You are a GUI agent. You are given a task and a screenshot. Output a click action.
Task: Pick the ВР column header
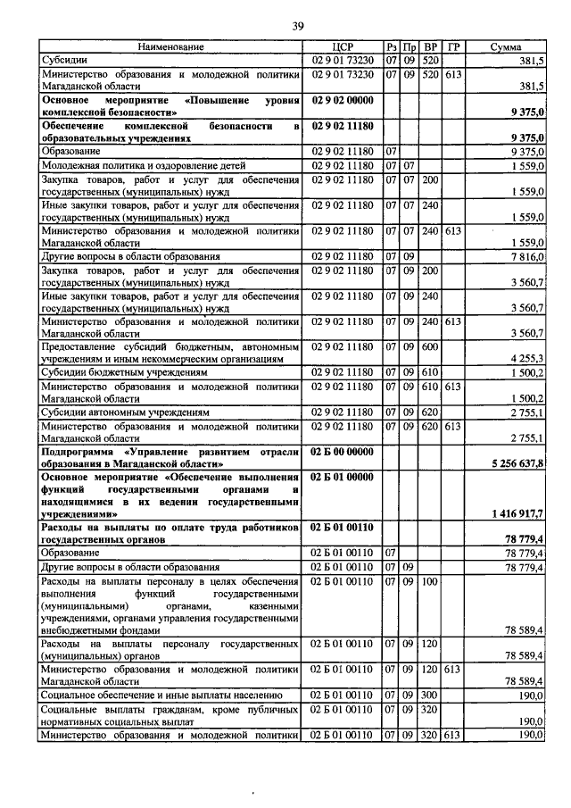(431, 46)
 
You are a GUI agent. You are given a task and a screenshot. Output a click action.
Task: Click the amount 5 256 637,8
(517, 463)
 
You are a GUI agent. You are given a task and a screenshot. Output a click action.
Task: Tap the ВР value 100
(430, 582)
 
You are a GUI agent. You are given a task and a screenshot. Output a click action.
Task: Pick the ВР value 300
(430, 693)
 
